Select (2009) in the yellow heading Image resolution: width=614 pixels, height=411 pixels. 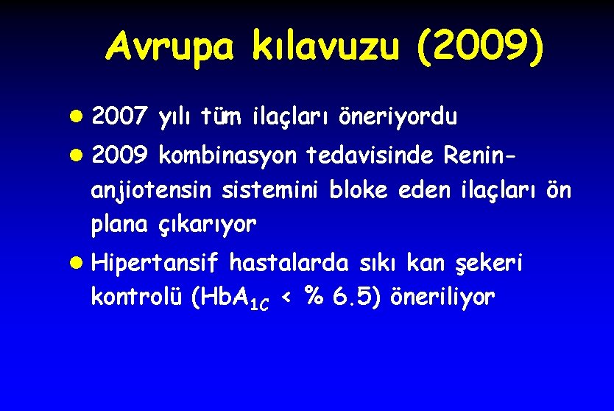[480, 48]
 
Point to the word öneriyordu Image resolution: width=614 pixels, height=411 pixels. [398, 116]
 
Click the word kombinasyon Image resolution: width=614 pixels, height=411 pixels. [228, 156]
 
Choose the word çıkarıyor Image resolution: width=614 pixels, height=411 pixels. [208, 225]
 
